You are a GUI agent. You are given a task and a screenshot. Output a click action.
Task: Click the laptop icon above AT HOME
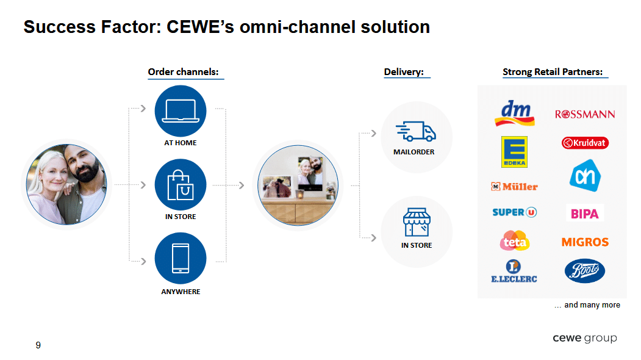181,111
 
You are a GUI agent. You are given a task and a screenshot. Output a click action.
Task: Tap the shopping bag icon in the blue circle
181,184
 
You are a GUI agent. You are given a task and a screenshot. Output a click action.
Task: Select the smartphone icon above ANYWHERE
181,258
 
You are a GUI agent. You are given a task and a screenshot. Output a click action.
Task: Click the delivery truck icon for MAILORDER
416,131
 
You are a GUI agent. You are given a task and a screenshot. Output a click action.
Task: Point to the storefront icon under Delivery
417,222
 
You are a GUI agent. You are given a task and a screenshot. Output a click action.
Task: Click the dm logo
514,113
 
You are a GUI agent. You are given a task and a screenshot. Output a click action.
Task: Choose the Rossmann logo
585,114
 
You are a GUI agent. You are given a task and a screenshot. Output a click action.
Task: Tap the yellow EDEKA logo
514,151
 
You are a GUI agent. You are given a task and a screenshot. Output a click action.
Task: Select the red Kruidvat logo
585,143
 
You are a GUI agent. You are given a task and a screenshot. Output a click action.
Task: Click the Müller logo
514,186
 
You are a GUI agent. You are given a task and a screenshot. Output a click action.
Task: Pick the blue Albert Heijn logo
585,176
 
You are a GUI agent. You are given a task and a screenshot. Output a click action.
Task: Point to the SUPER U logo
514,212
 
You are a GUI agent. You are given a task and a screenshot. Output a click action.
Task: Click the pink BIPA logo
585,214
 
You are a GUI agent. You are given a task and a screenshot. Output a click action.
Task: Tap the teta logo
514,241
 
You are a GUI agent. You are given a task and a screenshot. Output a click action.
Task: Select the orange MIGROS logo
585,242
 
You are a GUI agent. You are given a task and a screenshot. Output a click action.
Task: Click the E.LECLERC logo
514,272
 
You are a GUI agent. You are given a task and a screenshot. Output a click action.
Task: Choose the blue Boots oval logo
585,270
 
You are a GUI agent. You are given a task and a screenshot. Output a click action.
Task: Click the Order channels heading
184,72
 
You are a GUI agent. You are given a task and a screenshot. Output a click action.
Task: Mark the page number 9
38,345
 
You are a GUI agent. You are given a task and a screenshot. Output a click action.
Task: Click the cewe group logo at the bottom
584,338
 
